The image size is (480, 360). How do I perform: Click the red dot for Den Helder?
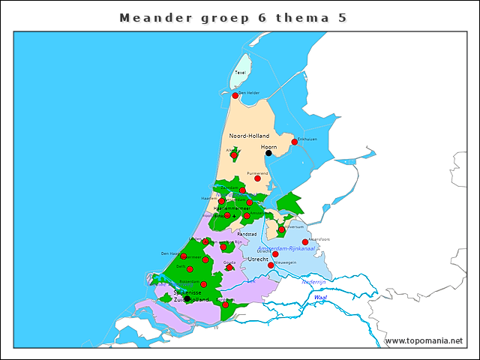(x=235, y=95)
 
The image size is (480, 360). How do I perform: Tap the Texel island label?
(x=240, y=73)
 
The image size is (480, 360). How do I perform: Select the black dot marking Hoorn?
(x=268, y=153)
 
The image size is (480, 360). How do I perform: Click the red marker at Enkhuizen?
(x=295, y=142)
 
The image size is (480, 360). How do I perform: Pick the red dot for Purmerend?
(x=257, y=178)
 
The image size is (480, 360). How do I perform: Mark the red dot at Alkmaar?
(x=233, y=155)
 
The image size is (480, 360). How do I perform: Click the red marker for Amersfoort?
(x=304, y=242)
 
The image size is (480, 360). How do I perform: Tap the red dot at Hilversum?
(x=281, y=230)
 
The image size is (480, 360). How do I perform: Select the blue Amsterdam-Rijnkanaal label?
(x=285, y=247)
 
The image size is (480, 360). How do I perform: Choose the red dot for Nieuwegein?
(x=271, y=265)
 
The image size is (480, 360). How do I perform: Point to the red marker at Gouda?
(x=229, y=267)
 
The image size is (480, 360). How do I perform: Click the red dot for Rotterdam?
(x=204, y=285)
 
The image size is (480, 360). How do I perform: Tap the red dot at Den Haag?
(x=184, y=256)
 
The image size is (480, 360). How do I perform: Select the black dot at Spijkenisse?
(x=187, y=298)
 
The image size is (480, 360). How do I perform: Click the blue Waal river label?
(x=320, y=298)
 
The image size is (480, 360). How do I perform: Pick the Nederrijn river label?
(x=313, y=281)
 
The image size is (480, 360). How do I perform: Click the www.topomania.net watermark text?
(x=424, y=340)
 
